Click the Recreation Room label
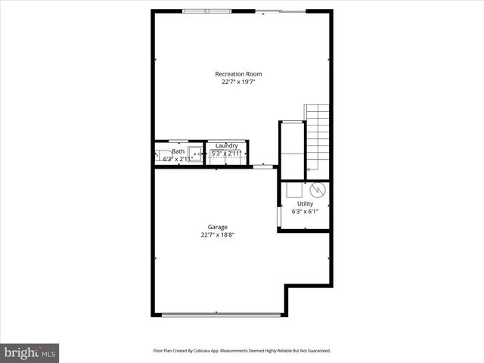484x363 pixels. click(x=239, y=74)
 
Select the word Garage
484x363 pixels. click(x=218, y=227)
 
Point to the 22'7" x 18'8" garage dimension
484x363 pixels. click(x=218, y=235)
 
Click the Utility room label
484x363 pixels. click(x=305, y=203)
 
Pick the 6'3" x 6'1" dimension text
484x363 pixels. click(x=305, y=211)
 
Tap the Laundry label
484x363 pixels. click(x=227, y=145)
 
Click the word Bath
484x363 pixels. click(x=178, y=151)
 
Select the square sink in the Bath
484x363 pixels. click(x=196, y=153)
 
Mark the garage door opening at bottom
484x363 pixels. click(x=219, y=314)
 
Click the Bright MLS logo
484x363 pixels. click(x=29, y=352)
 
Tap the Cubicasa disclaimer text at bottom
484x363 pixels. click(x=242, y=351)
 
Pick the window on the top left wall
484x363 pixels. click(x=206, y=11)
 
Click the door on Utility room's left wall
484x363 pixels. click(x=281, y=216)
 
